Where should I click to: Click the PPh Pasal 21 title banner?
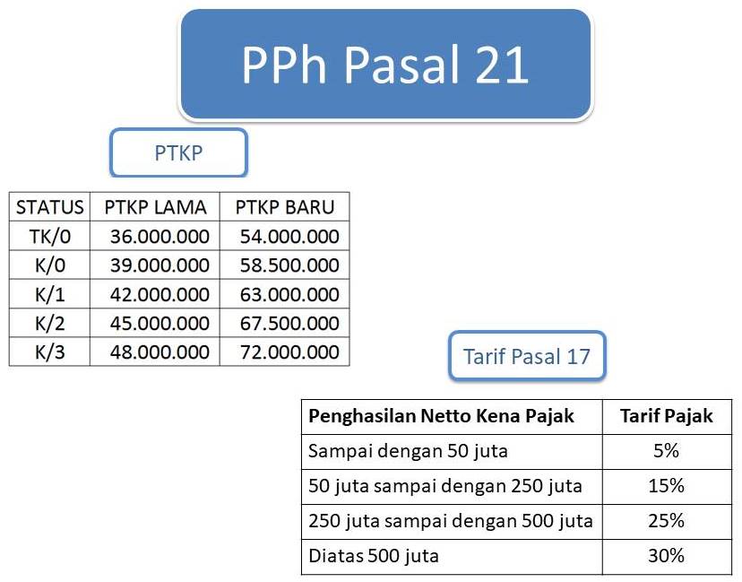[x=385, y=65]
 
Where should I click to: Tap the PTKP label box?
[x=178, y=152]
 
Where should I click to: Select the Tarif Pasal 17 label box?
[x=527, y=356]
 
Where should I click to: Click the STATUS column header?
[x=50, y=207]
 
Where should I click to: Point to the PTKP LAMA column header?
[x=155, y=207]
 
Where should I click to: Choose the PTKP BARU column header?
[x=285, y=207]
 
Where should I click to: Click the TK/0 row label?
[x=50, y=237]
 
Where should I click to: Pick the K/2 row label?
[x=50, y=323]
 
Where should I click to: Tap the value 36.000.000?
[x=160, y=237]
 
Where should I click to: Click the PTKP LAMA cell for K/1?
[x=160, y=294]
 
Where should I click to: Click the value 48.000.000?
[x=160, y=352]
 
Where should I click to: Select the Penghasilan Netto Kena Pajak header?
[x=441, y=416]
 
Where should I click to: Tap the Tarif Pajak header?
[x=666, y=416]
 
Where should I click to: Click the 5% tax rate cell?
[x=666, y=451]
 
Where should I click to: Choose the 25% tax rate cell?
[x=666, y=521]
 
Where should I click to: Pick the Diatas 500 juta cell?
[x=374, y=556]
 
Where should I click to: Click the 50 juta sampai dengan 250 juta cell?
[x=444, y=486]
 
